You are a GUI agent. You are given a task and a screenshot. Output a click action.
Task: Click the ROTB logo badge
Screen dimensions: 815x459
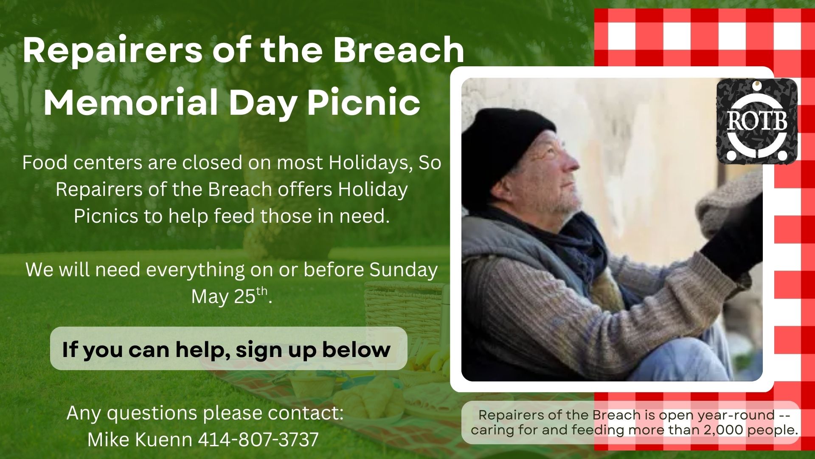(x=757, y=121)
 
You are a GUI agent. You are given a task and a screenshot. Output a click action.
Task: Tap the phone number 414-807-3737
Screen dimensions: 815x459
(x=258, y=439)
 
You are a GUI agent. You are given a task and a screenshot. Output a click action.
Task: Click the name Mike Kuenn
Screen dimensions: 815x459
(x=140, y=439)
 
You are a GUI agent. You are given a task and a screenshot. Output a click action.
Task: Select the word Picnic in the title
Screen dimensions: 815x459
(x=364, y=102)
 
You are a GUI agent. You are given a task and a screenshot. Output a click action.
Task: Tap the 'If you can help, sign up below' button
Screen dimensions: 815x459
(x=228, y=348)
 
